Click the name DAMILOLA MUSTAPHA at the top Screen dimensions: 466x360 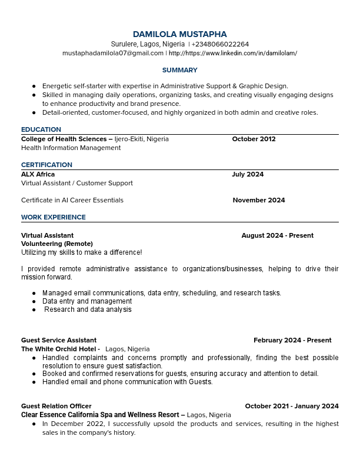(179, 34)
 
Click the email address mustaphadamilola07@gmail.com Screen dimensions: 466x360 (113, 53)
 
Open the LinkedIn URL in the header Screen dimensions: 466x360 (233, 53)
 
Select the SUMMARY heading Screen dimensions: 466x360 (179, 70)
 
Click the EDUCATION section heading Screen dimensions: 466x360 (41, 129)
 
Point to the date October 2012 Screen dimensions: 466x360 (254, 139)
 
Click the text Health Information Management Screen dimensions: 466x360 (71, 148)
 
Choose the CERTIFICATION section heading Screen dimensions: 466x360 (46, 165)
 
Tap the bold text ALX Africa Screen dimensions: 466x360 (38, 174)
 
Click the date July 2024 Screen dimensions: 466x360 (248, 174)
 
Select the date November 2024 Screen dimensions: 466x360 (258, 200)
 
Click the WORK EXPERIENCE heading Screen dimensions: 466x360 (54, 217)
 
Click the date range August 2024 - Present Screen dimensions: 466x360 (277, 235)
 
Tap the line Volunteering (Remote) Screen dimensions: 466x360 (57, 244)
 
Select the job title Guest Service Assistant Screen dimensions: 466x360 (59, 340)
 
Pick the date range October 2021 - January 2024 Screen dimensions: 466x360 (291, 406)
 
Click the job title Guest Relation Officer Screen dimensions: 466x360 (56, 406)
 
